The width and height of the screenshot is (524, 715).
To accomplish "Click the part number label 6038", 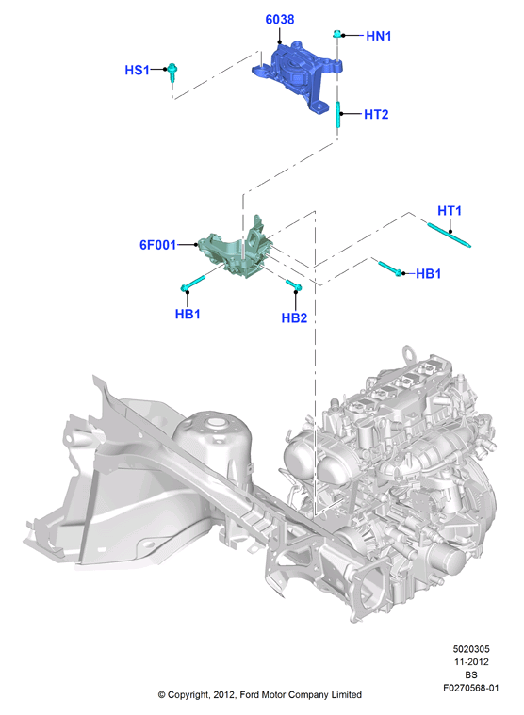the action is coord(280,20).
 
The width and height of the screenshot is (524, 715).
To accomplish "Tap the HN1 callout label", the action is coord(379,36).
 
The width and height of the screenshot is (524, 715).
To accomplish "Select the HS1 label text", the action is coord(137,71).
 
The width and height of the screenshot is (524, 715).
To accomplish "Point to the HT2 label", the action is coord(376,114).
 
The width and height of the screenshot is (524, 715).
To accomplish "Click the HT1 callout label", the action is coord(450,211).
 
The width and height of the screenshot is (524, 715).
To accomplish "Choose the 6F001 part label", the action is coord(157,245).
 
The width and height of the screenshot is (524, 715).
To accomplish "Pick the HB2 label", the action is coord(294,317).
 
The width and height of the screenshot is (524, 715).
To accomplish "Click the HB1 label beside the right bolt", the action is coord(428,273).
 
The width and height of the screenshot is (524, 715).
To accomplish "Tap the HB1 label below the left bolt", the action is coord(188,314).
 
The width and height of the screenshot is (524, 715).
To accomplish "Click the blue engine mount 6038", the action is coord(297,75).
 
